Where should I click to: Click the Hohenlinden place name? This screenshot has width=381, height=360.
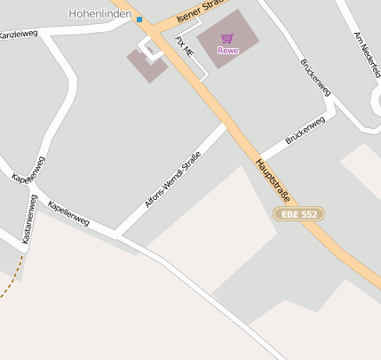coord(101,13)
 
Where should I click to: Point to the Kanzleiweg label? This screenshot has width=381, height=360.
coord(18,35)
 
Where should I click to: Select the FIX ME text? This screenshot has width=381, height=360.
coord(185,47)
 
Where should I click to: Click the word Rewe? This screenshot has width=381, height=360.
coord(227,50)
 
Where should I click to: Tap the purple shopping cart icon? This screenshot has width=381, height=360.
coord(227,38)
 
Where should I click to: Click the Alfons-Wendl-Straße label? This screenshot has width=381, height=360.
coord(172,180)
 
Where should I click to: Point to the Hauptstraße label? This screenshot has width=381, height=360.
coord(274,180)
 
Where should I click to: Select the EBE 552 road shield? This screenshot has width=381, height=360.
coord(298,214)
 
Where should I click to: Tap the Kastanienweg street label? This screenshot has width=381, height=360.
coord(29,220)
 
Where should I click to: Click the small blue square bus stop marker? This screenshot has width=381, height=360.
coord(139,19)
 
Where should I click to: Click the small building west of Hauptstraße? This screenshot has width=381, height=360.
coord(146,65)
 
